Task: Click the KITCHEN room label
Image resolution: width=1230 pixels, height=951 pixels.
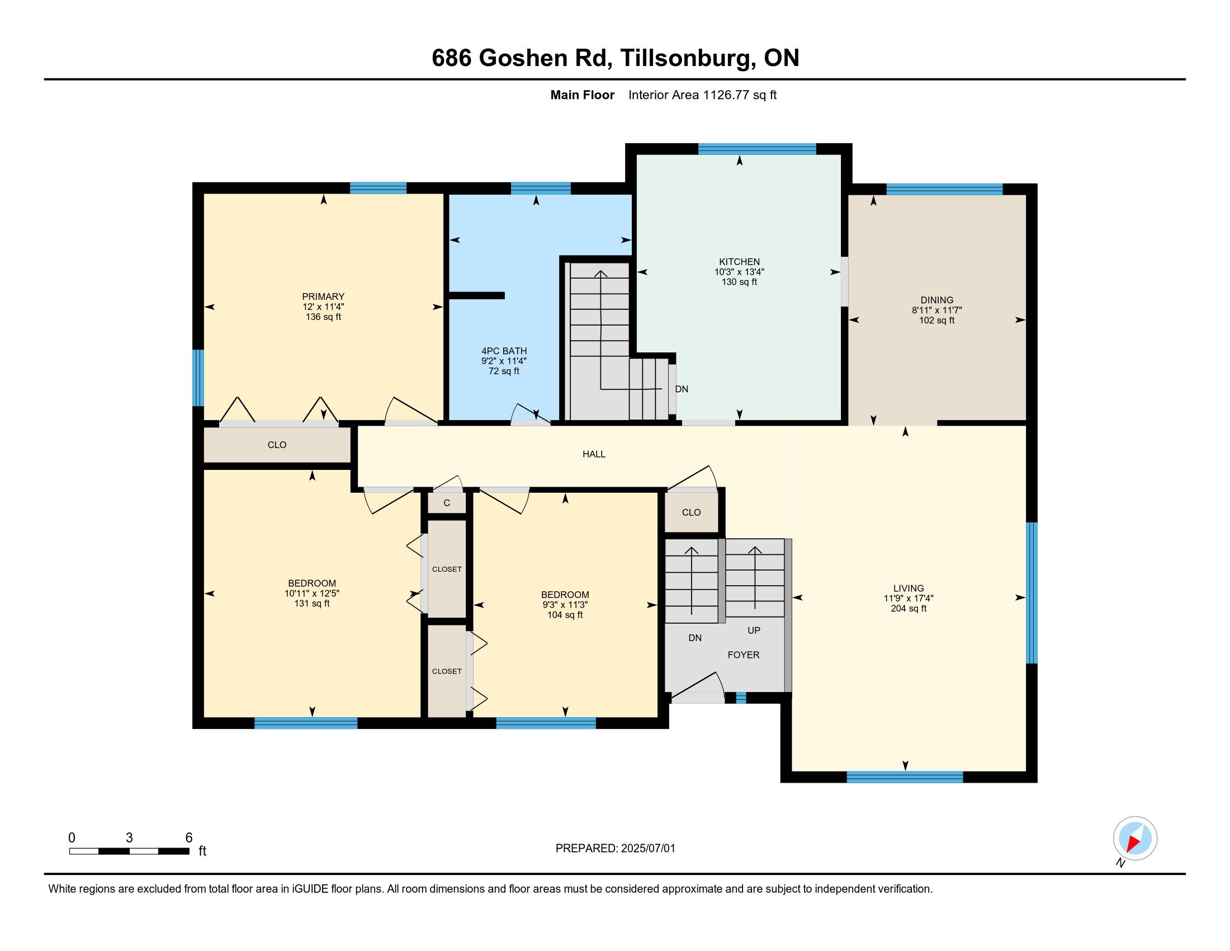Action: pos(740,262)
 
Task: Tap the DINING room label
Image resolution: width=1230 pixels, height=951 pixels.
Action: pos(937,300)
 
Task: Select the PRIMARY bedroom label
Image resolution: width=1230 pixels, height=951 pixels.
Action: pos(323,297)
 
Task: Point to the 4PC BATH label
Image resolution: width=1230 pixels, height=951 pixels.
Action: pos(504,351)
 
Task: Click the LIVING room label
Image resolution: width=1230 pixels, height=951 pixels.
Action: pos(909,588)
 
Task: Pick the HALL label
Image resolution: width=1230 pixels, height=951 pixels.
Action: pos(594,454)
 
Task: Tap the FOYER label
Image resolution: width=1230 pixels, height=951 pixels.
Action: pos(744,655)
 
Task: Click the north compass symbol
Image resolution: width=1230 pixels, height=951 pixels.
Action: pos(1134,839)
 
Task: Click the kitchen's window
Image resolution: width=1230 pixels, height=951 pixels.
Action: pos(757,149)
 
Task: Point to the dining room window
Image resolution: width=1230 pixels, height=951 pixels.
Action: pos(944,189)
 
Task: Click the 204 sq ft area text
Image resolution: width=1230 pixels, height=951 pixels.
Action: pos(909,609)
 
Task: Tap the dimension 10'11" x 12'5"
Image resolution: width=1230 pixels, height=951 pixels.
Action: pos(312,593)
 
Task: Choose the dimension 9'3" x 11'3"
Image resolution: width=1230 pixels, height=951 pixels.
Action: pos(565,605)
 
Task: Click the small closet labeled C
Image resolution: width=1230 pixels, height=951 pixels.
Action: pos(447,503)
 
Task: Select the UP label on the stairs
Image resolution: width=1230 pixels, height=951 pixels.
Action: pos(754,630)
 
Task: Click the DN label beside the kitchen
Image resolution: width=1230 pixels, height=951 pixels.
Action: pos(682,389)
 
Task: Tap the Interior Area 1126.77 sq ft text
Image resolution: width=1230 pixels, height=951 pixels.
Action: pos(702,95)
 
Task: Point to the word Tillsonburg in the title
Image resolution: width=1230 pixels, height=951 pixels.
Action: pos(686,59)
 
